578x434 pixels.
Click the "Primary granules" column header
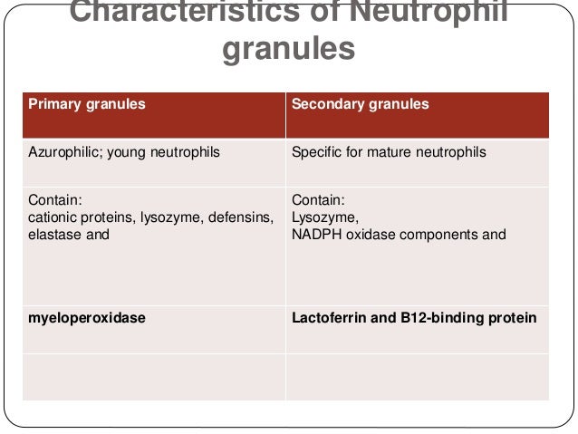[x=86, y=104]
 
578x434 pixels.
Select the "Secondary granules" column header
[x=360, y=104]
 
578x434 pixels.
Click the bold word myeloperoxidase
[x=87, y=318]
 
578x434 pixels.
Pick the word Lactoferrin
[x=328, y=318]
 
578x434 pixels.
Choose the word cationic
[x=53, y=217]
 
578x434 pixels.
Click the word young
[x=129, y=152]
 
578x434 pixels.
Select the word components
[x=435, y=235]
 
